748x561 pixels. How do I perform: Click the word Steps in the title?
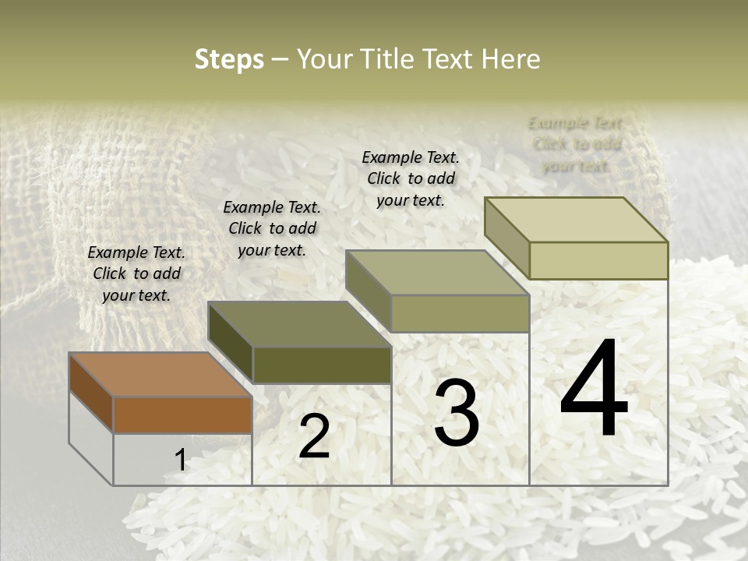229,59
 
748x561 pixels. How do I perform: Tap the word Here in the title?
510,59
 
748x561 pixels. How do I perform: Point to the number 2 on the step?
314,436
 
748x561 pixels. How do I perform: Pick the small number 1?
180,460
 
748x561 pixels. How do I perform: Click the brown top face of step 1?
161,375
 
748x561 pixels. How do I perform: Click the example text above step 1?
136,273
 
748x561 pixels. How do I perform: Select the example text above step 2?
272,228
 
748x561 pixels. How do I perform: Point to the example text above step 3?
411,178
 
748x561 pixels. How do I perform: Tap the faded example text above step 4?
576,144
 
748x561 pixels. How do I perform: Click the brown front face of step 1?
182,415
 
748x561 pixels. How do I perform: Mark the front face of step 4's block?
598,260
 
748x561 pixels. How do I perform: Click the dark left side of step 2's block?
231,343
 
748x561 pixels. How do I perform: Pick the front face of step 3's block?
460,314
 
